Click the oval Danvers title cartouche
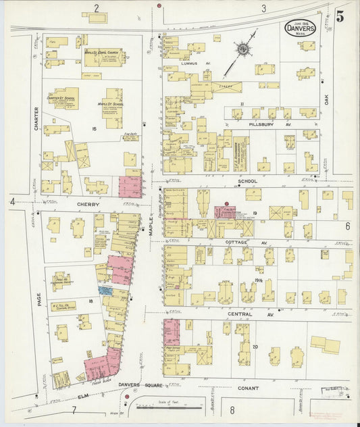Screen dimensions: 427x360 coord(300,28)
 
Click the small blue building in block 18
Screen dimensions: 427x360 coord(105,289)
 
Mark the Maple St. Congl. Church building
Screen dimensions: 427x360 coord(103,58)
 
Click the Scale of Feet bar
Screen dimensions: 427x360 coord(169,407)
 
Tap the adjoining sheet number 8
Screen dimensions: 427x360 coord(232,409)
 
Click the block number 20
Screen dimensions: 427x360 coord(255,347)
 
